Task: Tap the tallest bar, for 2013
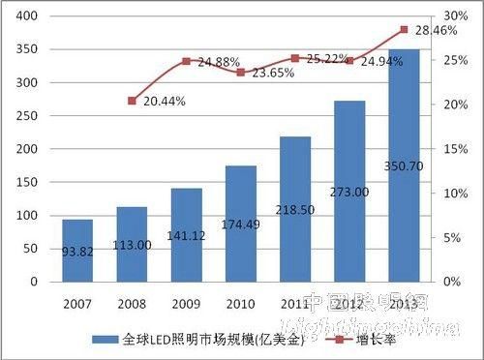tap(404, 165)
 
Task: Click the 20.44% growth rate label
tap(165, 101)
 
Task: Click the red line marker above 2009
tap(186, 61)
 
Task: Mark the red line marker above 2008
tap(132, 101)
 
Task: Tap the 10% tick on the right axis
tap(452, 194)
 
